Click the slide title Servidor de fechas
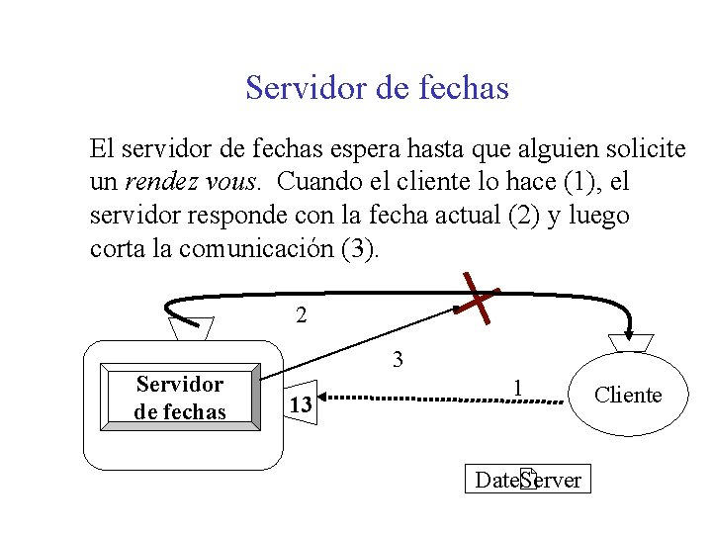click(377, 88)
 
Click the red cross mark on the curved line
click(479, 300)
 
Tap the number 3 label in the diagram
click(398, 360)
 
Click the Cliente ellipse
click(628, 396)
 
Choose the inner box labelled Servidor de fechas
click(180, 398)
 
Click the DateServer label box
click(529, 480)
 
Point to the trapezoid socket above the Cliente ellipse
click(630, 342)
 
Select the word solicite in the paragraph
click(644, 150)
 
